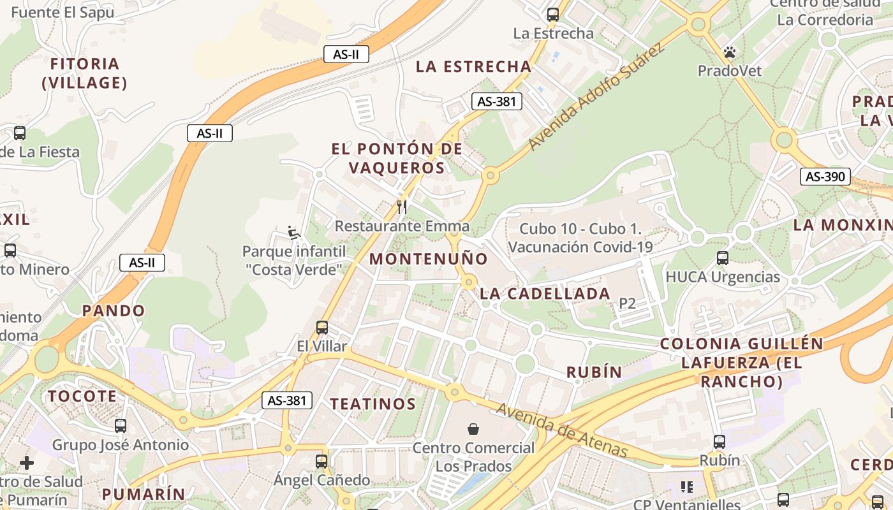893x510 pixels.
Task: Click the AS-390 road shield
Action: click(825, 177)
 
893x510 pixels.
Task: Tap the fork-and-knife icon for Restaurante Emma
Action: click(402, 207)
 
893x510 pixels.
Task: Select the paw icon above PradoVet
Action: click(730, 52)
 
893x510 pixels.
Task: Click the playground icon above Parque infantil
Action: click(294, 233)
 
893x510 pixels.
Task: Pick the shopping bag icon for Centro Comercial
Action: click(473, 429)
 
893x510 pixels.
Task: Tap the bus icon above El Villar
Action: click(322, 328)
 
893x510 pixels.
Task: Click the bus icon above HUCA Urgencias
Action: click(723, 258)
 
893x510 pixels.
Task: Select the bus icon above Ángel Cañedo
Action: click(321, 461)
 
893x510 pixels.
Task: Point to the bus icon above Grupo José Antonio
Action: click(121, 426)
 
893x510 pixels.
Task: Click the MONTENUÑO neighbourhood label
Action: click(429, 259)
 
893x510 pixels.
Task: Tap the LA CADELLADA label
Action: click(545, 294)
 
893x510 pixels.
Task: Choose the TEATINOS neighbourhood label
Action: click(373, 404)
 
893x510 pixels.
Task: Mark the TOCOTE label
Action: click(83, 396)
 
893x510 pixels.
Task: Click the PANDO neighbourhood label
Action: click(114, 311)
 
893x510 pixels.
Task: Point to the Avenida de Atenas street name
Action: click(561, 430)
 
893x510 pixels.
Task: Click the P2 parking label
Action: click(628, 303)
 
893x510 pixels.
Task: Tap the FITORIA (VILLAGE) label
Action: click(84, 73)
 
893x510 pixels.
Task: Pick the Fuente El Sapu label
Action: click(63, 12)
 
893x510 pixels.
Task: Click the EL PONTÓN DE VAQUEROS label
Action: click(397, 158)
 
